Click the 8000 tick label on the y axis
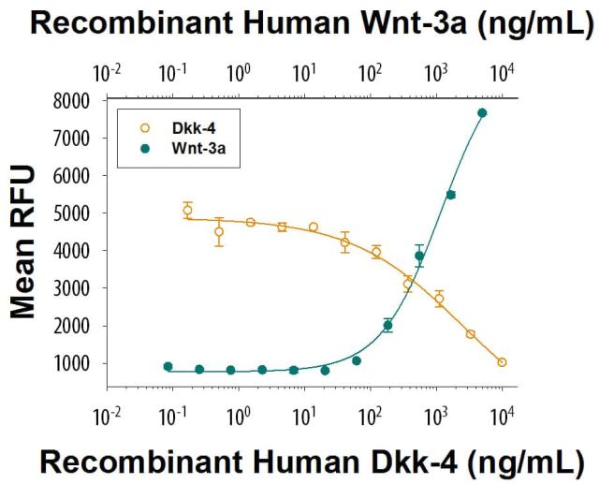tap(71, 100)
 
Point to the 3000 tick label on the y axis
tap(71, 288)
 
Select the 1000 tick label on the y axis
tap(71, 363)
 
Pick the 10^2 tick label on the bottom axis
tap(371, 414)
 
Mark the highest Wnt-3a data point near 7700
tap(482, 113)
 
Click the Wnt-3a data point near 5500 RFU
tap(450, 195)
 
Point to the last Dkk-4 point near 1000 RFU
tap(502, 362)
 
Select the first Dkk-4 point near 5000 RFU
tap(188, 211)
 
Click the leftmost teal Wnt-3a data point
tap(168, 367)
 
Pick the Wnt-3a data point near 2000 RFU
tap(387, 326)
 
